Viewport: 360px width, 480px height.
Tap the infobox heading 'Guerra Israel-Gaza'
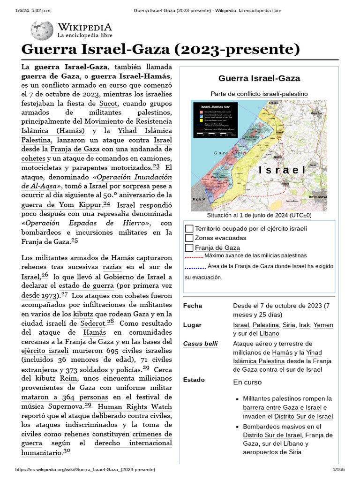coord(259,78)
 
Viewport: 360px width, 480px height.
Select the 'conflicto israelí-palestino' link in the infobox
coord(272,94)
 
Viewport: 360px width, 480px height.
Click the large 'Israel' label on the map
coord(282,170)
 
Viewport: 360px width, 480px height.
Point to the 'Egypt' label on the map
coord(199,199)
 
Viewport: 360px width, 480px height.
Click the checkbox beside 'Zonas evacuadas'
coord(189,238)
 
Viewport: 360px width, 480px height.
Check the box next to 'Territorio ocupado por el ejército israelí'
coord(189,228)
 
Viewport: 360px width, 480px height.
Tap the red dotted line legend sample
coord(194,256)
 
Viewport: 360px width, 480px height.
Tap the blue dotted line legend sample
coord(195,268)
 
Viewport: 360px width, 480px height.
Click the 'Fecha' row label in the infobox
coord(193,306)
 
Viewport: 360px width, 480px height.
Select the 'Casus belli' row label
coord(201,344)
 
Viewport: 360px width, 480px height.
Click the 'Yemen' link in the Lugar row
coord(324,325)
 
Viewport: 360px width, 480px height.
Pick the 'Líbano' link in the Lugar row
coord(270,334)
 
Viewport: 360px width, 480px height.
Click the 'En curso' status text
coord(247,382)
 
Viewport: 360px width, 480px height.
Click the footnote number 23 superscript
coord(156,166)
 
